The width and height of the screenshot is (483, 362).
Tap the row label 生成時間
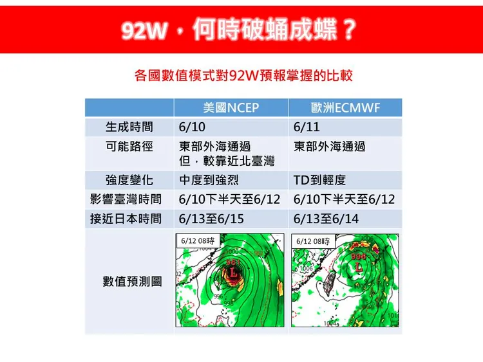tap(129, 127)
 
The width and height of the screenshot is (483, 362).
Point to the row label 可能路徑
tap(129, 146)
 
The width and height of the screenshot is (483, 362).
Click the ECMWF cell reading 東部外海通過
tap(329, 146)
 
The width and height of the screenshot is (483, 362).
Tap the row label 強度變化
tap(129, 180)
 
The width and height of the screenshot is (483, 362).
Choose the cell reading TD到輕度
tap(320, 180)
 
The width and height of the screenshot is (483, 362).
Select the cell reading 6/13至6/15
tap(211, 219)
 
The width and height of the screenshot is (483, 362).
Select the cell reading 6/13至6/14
tap(326, 219)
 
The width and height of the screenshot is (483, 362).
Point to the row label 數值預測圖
tap(132, 281)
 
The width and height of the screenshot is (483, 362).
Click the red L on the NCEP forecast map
tap(232, 273)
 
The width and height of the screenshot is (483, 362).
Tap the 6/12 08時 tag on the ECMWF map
tap(314, 240)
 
